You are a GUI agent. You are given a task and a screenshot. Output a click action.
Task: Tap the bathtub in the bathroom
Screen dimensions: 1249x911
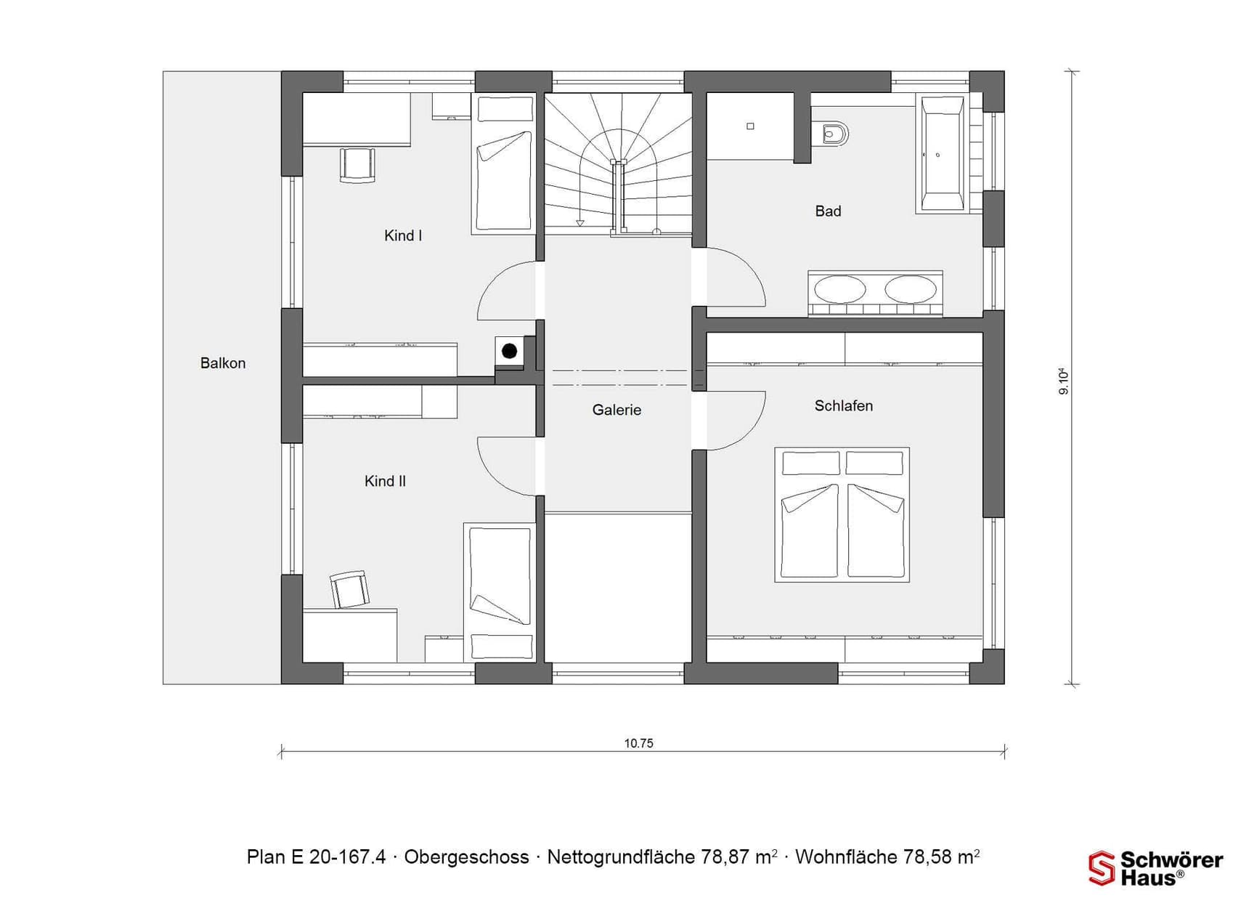coord(943,154)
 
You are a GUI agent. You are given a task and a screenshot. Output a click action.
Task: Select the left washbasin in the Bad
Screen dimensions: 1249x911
coord(840,289)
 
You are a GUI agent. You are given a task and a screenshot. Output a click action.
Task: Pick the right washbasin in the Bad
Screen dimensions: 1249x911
coord(911,289)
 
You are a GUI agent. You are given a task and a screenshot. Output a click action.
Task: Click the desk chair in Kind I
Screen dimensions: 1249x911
coord(357,165)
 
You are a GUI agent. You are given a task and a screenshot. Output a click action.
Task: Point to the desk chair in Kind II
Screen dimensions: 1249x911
coord(349,589)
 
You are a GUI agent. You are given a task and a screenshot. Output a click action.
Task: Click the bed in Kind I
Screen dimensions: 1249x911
coord(504,163)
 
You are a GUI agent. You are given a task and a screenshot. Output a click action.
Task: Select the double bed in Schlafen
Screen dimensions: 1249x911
coord(842,514)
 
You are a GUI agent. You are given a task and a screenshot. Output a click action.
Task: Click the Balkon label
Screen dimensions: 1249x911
coord(223,363)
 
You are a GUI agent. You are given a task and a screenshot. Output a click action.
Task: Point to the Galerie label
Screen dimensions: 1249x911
coord(617,410)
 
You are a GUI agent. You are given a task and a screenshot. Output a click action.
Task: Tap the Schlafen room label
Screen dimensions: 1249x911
coord(844,406)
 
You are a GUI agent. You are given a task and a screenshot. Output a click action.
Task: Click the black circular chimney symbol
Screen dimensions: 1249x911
coord(510,352)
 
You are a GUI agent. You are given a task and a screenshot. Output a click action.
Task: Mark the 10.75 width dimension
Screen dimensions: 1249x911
coord(639,743)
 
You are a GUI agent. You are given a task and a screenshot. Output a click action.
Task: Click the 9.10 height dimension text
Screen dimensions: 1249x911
coord(1064,381)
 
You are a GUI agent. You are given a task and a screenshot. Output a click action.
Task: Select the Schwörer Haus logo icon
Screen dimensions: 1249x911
coord(1101,868)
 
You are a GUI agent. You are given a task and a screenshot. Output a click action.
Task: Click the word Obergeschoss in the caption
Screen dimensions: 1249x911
coord(466,857)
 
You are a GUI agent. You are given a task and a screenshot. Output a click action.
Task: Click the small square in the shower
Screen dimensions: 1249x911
coord(750,126)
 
